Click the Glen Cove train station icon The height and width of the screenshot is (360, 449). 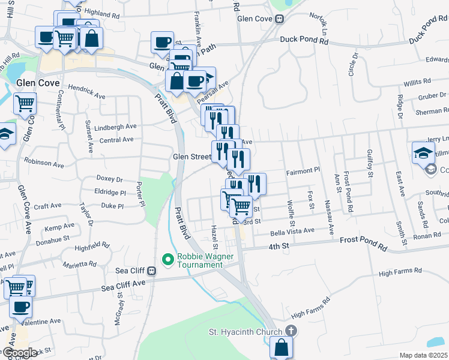pos(279,19)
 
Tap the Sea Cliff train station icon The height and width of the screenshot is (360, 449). pos(152,271)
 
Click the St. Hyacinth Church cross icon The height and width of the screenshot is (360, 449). pos(291,331)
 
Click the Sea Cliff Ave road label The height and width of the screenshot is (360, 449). pos(123,283)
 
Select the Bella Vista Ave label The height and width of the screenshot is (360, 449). pos(292,231)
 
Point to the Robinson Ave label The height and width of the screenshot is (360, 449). pos(44,164)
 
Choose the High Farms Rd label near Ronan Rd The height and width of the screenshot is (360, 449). pos(399,274)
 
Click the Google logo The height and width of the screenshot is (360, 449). pos(20,353)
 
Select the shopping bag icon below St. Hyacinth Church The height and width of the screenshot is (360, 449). pos(281,347)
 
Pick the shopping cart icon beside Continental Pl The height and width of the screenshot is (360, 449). pos(25,103)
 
